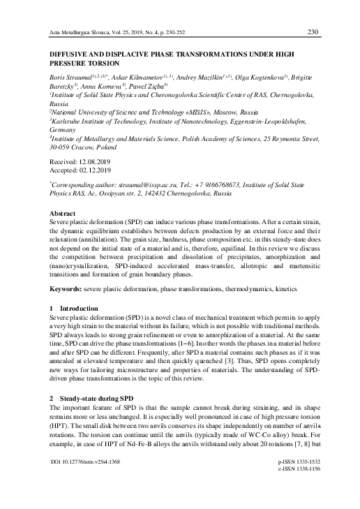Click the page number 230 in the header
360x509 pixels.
tap(313, 31)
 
